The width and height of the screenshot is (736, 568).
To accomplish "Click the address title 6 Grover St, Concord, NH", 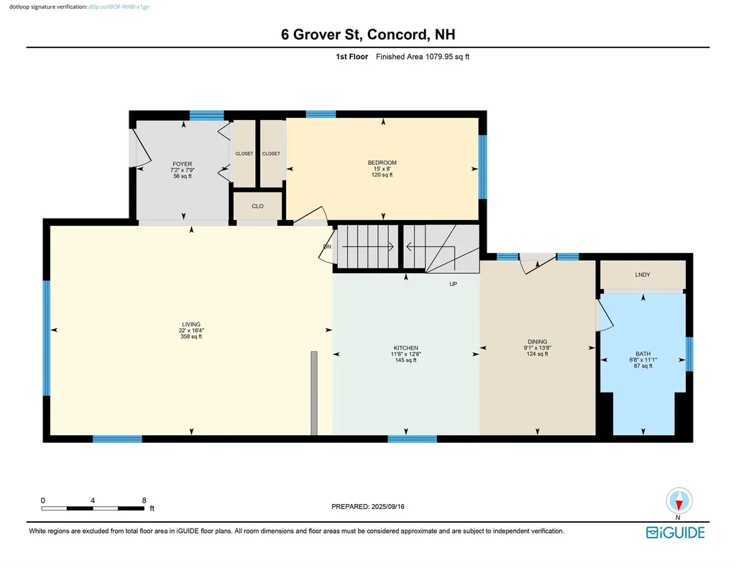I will coord(367,35).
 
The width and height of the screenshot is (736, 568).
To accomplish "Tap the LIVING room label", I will coord(190,324).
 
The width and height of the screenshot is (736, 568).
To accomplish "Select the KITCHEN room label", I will coord(405,348).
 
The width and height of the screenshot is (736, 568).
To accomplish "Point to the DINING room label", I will coord(537,342).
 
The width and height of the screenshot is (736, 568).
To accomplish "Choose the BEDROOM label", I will coord(382,162).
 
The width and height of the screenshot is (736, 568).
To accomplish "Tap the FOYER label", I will coord(183,164).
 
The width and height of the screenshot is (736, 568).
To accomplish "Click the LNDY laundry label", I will coord(643,275).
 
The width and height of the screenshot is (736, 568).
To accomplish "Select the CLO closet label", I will coord(257,206).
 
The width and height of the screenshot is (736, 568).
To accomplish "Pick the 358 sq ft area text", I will coord(190,336).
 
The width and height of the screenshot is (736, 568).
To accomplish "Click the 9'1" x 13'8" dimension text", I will coord(537,348).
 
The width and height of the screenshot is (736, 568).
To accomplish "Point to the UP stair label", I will coord(453,284).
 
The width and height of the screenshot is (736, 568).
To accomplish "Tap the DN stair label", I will coord(327,247).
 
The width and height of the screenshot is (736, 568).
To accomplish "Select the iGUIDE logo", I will coord(675,533).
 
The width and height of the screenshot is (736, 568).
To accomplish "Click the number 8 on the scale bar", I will coord(144,500).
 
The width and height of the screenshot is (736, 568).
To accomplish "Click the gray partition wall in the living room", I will coord(314,393).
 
